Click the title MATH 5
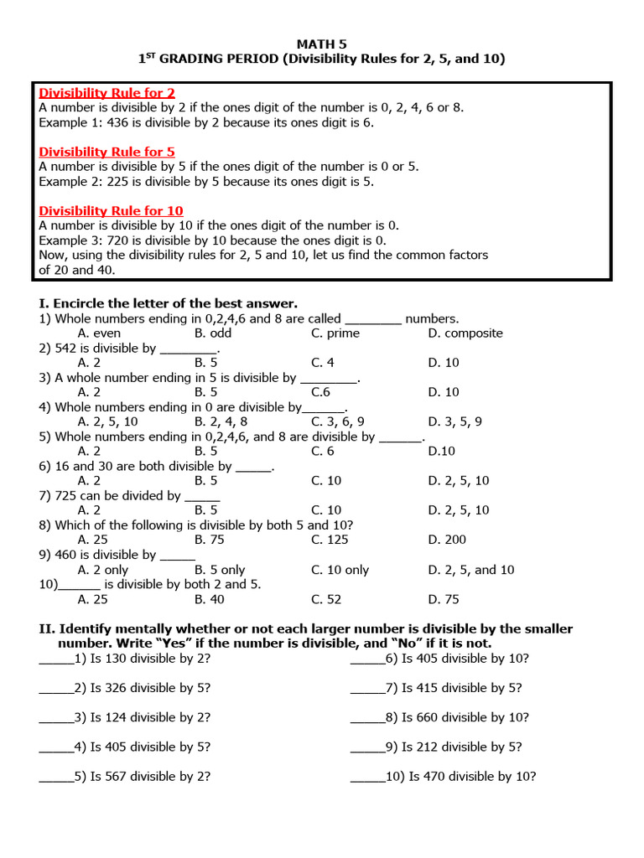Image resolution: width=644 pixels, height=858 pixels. point(322,43)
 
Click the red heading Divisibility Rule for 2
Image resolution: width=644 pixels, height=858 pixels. point(106,93)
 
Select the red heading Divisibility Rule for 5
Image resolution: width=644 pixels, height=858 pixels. point(106,152)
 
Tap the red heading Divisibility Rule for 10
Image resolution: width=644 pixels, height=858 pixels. point(111,211)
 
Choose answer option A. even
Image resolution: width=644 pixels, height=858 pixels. point(99,333)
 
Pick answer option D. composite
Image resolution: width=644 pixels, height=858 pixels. point(465,333)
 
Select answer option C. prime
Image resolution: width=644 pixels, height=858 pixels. point(335,333)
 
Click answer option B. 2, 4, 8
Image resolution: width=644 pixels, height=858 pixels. point(221,422)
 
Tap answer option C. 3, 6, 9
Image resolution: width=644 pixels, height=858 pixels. point(338,422)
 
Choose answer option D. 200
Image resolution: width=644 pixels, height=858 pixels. point(447,540)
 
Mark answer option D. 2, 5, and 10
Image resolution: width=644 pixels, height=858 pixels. point(471,570)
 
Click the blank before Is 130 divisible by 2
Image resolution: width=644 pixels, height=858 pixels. point(56,659)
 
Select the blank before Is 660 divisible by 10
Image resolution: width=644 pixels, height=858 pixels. point(367,718)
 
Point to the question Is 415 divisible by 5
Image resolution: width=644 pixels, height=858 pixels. point(461,689)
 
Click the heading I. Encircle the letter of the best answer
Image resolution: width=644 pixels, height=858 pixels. point(169,304)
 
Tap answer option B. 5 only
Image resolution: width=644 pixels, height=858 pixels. point(220,570)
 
